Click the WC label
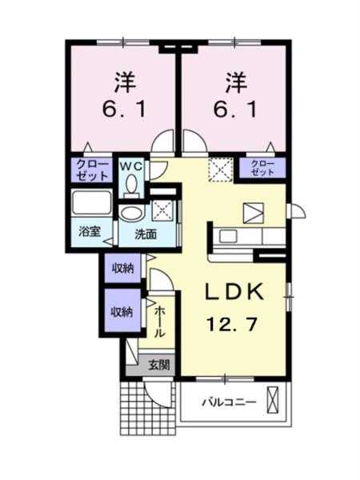[x=131, y=166]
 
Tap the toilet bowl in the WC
[x=132, y=183]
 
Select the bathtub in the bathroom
[x=92, y=203]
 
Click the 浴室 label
[x=90, y=232]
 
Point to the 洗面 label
[x=146, y=234]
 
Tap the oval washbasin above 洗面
[x=131, y=213]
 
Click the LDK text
[x=234, y=292]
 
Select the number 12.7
[x=231, y=324]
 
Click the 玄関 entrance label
[x=159, y=365]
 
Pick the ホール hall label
[x=159, y=322]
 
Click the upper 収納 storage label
[x=122, y=269]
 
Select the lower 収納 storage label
[x=122, y=313]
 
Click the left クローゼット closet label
[x=93, y=170]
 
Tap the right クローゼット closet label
[x=262, y=167]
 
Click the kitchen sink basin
[x=228, y=236]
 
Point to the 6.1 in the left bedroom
[x=125, y=110]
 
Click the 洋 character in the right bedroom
[x=236, y=82]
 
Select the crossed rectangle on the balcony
[x=273, y=400]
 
